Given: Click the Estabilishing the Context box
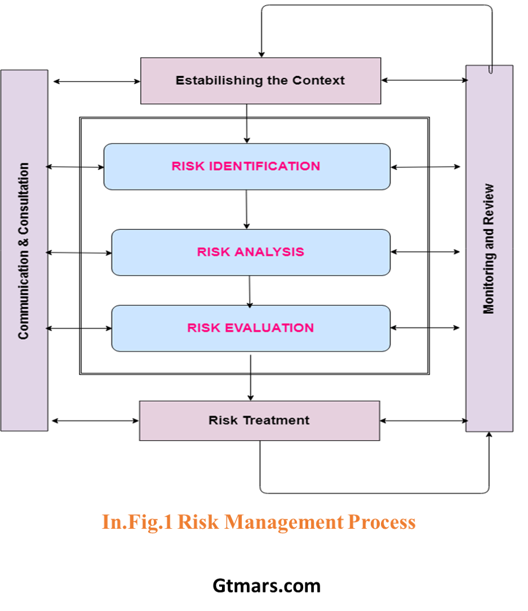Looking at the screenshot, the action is coord(261,81).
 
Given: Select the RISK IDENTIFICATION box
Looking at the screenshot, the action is coord(247,166).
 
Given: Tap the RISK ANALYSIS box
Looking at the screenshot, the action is coord(251,252).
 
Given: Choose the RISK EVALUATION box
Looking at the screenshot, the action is coord(251,328).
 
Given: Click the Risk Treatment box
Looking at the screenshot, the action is coord(259,420).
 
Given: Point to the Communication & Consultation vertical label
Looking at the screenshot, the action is coord(23,251).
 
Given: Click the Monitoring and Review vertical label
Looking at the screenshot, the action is coord(489,248).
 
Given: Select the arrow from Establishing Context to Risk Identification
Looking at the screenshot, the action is coord(246,124).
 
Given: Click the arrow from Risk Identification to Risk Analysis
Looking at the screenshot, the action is coord(246,209).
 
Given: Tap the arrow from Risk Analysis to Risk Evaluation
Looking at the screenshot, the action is coord(250,292).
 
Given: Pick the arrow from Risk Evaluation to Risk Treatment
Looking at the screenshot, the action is coord(250,378).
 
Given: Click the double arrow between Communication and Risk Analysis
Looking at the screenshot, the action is coord(79,252).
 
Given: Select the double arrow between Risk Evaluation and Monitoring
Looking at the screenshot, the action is coord(425,328).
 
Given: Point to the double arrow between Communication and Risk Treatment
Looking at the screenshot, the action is coord(95,420).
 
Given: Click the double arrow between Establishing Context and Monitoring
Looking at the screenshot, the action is coord(424,80).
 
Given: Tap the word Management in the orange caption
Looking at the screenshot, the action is coord(284,522).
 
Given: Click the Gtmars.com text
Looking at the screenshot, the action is coord(267,585).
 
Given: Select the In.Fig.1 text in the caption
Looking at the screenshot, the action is coord(137,522).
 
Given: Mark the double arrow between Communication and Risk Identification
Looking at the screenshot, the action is coord(75,167).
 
